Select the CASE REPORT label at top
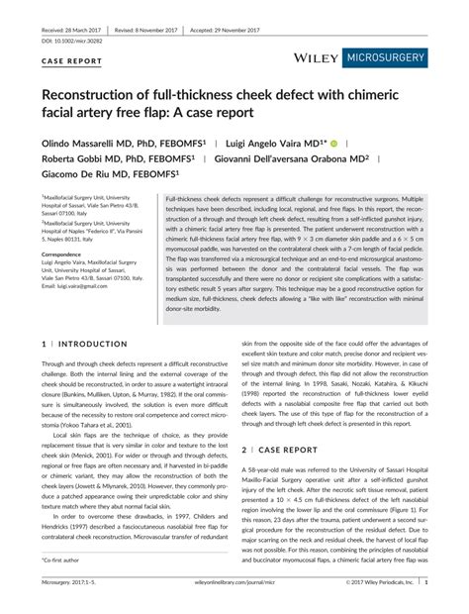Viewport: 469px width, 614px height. [72, 60]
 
